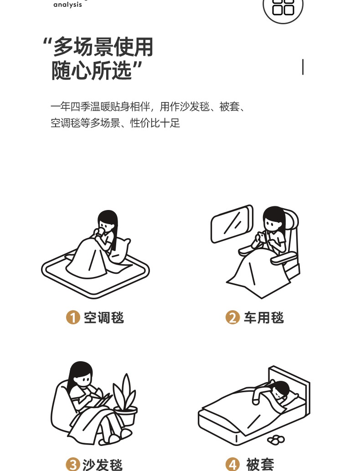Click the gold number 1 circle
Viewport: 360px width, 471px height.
click(x=73, y=317)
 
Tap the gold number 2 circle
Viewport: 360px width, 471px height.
click(x=232, y=317)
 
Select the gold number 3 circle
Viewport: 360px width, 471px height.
click(x=73, y=465)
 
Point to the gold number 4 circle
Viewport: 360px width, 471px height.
click(x=232, y=465)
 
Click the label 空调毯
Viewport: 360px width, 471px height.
click(x=104, y=317)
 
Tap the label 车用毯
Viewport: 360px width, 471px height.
click(x=263, y=317)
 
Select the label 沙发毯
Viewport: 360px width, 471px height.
click(x=103, y=465)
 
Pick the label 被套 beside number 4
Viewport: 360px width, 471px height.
click(x=260, y=465)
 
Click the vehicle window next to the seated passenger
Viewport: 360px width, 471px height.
click(x=231, y=224)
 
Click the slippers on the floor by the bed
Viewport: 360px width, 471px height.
click(x=276, y=439)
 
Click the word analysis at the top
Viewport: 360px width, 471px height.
click(x=67, y=5)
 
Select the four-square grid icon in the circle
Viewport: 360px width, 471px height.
click(x=283, y=7)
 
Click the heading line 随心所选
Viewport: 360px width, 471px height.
click(x=96, y=71)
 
